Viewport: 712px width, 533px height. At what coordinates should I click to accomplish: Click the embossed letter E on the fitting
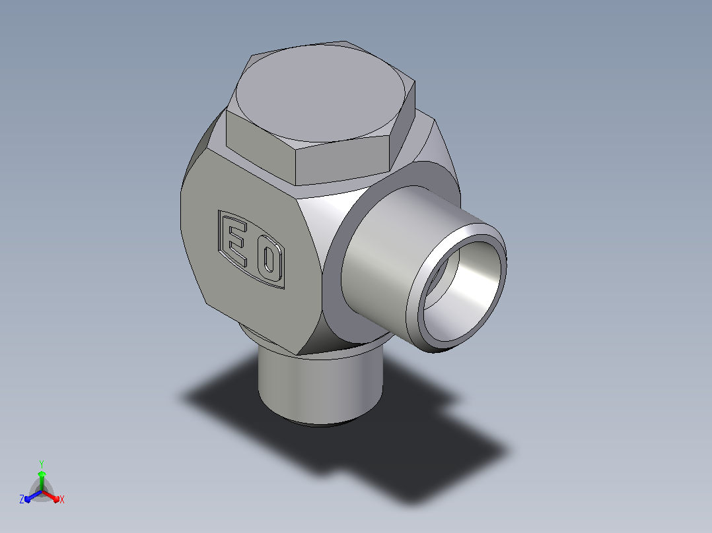(x=236, y=243)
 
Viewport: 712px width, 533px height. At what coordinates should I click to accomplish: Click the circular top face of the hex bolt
(x=320, y=93)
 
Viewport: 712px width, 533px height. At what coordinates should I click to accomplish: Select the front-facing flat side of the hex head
(x=343, y=160)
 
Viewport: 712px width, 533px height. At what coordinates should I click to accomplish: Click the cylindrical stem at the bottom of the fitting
(x=320, y=386)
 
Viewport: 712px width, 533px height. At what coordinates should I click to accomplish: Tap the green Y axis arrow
(x=42, y=479)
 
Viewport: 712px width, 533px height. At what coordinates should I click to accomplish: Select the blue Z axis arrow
(x=33, y=496)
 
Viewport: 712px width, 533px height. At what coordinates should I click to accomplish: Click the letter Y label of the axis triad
(x=42, y=464)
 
